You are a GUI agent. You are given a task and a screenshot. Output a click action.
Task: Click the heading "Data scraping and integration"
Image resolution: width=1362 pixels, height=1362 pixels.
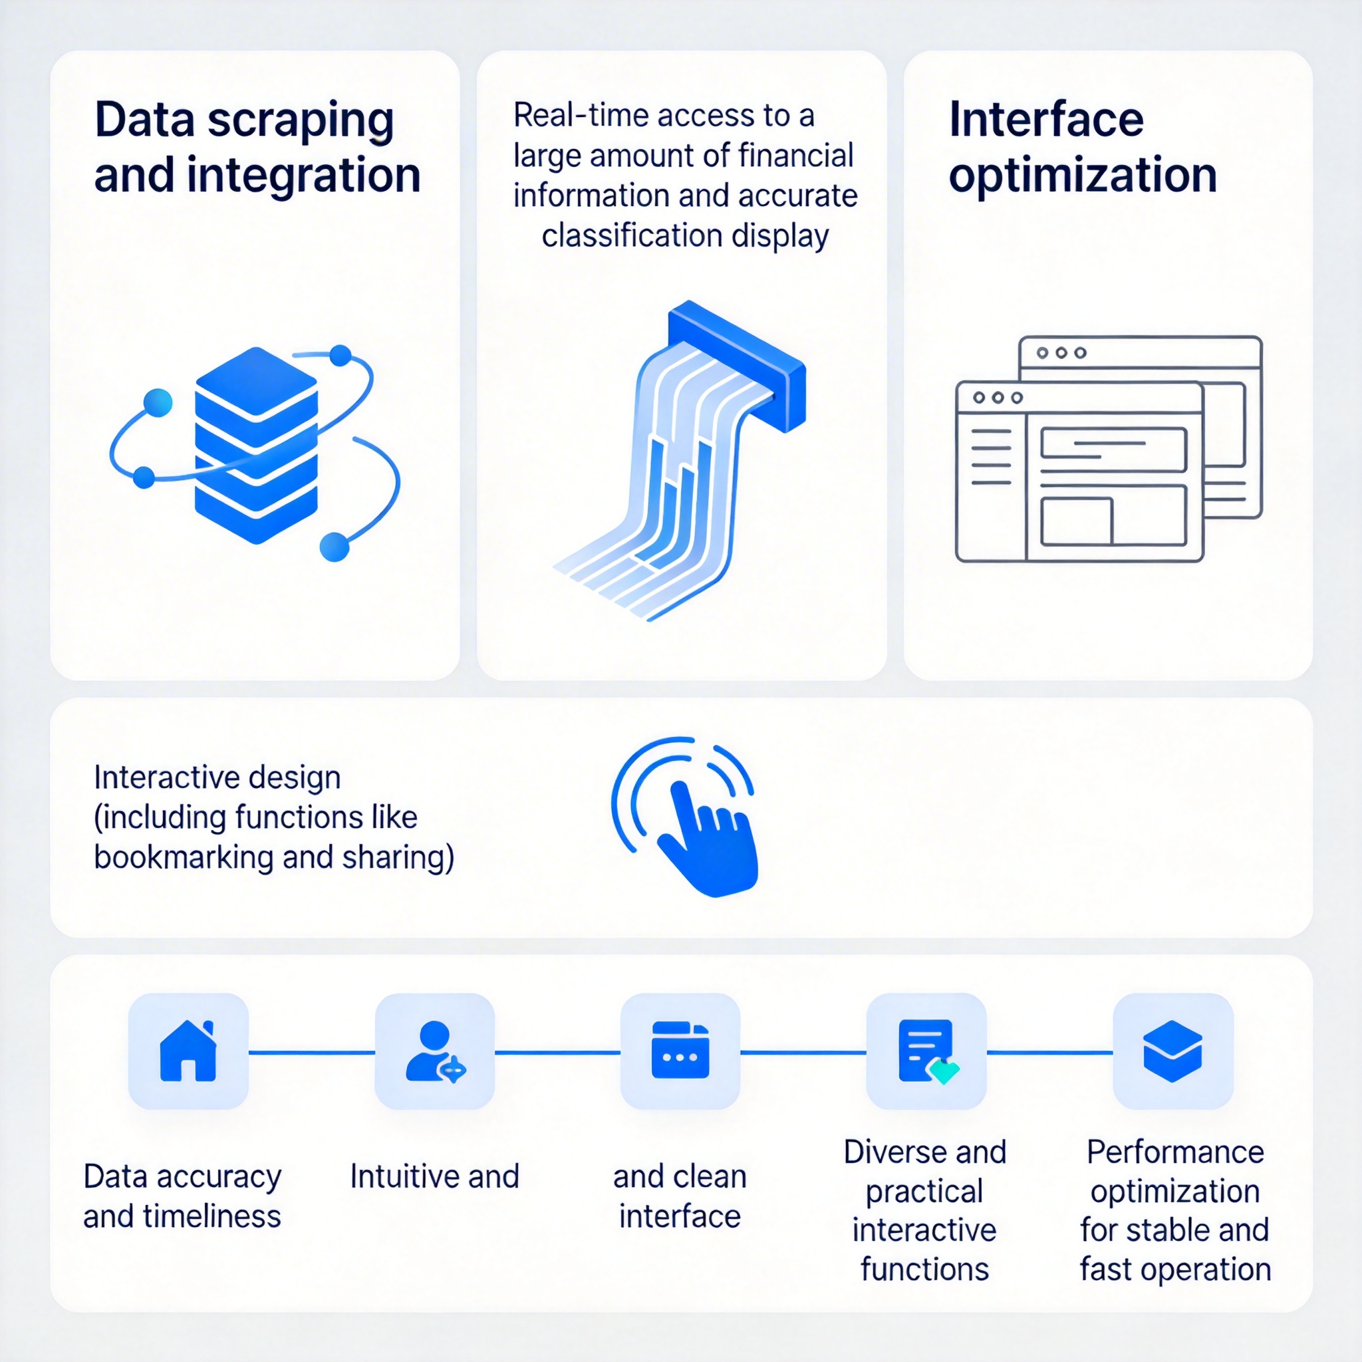coord(257,148)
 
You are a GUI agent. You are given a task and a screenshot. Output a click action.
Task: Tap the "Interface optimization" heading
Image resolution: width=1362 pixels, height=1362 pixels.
coord(1082,148)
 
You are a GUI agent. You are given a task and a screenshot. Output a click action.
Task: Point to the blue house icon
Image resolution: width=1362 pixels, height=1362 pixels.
coord(188,1051)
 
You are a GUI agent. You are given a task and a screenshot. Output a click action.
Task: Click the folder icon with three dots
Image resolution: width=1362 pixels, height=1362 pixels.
coord(680,1050)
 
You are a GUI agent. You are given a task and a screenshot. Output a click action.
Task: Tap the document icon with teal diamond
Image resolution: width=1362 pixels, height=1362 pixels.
coord(926,1051)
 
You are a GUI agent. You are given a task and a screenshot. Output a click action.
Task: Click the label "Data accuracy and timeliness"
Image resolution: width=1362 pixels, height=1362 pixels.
coord(182,1196)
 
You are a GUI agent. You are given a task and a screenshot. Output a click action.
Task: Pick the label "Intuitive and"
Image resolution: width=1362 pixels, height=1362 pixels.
coord(434,1176)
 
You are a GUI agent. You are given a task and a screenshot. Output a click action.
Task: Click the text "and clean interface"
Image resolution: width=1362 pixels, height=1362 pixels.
coord(680,1196)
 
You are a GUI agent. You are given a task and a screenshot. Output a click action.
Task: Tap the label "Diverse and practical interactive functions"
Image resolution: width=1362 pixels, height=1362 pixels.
coord(925,1210)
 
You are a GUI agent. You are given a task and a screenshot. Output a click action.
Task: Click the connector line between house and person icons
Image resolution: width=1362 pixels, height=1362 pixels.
coord(312,1053)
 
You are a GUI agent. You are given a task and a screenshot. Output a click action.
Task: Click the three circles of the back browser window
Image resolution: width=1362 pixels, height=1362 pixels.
coord(1061,352)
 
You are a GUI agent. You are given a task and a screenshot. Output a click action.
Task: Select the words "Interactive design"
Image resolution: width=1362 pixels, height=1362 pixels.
coord(217,777)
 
